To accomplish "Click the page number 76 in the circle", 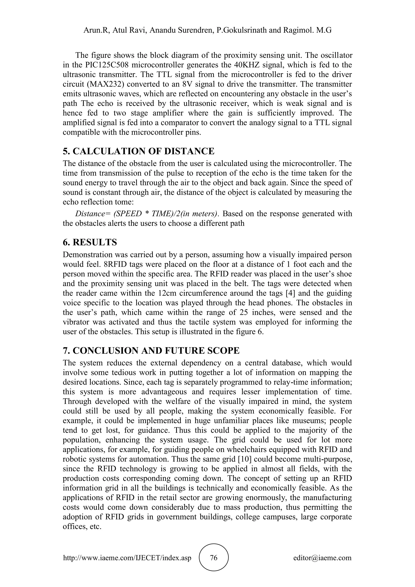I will pos(213,557).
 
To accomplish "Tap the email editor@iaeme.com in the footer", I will pos(322,558).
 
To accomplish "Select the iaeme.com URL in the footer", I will pos(127,558).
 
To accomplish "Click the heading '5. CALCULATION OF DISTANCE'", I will pos(139,151).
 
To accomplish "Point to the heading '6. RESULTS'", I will pos(90,242).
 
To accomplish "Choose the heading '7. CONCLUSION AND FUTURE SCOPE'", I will pos(151,350).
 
